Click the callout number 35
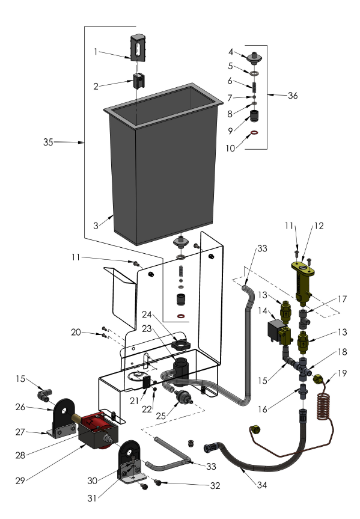point(49,143)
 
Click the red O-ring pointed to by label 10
point(254,134)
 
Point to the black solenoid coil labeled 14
point(276,330)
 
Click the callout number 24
point(147,313)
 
